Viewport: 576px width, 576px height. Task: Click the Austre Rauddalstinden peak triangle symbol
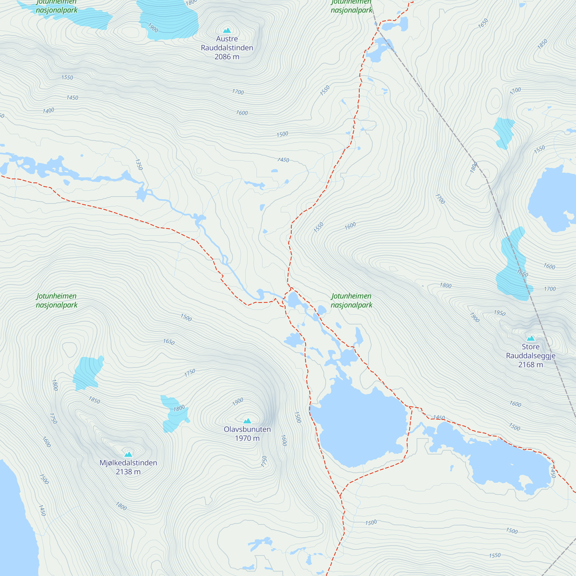tap(227, 31)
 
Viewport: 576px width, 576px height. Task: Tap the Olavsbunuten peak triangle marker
tap(247, 421)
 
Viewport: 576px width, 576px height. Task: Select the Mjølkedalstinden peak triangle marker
tap(128, 454)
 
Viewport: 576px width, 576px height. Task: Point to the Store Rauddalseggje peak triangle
tap(530, 338)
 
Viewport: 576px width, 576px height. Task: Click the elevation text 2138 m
tap(128, 472)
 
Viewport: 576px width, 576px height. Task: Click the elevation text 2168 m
tap(530, 365)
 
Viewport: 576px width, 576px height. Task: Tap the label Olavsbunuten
tap(247, 429)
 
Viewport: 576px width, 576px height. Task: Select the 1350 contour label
tap(139, 164)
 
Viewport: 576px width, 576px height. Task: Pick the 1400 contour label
tap(48, 111)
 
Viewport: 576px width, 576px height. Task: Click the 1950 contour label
tap(499, 313)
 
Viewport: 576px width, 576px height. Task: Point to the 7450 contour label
tap(283, 160)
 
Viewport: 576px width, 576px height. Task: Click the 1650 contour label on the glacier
tap(522, 273)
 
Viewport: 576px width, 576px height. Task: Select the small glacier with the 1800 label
tap(175, 413)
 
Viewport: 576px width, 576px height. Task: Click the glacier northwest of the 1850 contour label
tap(88, 373)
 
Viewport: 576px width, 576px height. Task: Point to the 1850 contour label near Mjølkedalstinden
tap(94, 400)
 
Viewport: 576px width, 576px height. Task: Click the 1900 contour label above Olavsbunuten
tap(238, 401)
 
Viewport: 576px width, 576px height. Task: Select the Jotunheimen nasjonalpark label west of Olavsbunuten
tap(57, 300)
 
